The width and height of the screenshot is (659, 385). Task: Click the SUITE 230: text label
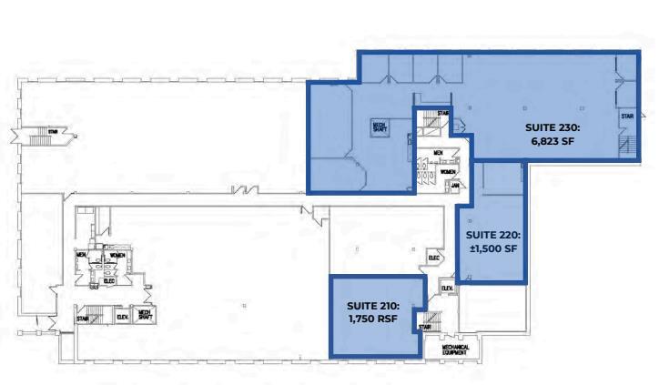552,127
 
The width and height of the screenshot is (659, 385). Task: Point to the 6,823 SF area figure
552,141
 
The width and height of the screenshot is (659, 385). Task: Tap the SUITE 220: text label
493,234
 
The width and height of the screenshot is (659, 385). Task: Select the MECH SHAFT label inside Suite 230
379,127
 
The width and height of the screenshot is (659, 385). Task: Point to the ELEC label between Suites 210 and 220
433,259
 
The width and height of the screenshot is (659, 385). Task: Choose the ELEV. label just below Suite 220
447,289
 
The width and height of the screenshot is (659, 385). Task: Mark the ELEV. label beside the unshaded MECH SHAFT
122,316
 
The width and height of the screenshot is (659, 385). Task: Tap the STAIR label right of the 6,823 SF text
627,117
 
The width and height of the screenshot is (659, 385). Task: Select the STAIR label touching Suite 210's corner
424,327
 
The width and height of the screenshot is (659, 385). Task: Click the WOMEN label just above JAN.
449,171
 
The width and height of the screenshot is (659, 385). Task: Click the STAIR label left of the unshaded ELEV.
82,319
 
